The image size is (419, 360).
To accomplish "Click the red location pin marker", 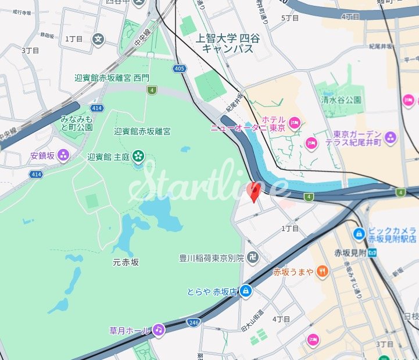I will [254, 191].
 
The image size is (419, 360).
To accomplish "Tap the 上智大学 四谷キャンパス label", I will [228, 44].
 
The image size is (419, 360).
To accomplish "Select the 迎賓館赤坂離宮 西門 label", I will [112, 77].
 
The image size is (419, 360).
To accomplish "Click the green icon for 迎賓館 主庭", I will [138, 155].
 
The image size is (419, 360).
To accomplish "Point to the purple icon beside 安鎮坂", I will [63, 155].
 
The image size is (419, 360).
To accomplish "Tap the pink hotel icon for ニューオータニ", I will [294, 123].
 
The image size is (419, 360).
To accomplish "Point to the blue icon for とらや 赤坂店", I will [246, 291].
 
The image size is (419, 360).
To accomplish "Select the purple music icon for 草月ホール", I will [158, 330].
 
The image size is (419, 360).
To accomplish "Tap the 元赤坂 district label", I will [126, 262].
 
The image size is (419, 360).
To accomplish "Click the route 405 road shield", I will [180, 69].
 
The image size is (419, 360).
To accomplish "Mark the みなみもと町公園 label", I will [77, 123].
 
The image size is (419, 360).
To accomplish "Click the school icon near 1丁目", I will [99, 39].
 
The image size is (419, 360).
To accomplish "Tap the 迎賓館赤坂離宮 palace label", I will [142, 131].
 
